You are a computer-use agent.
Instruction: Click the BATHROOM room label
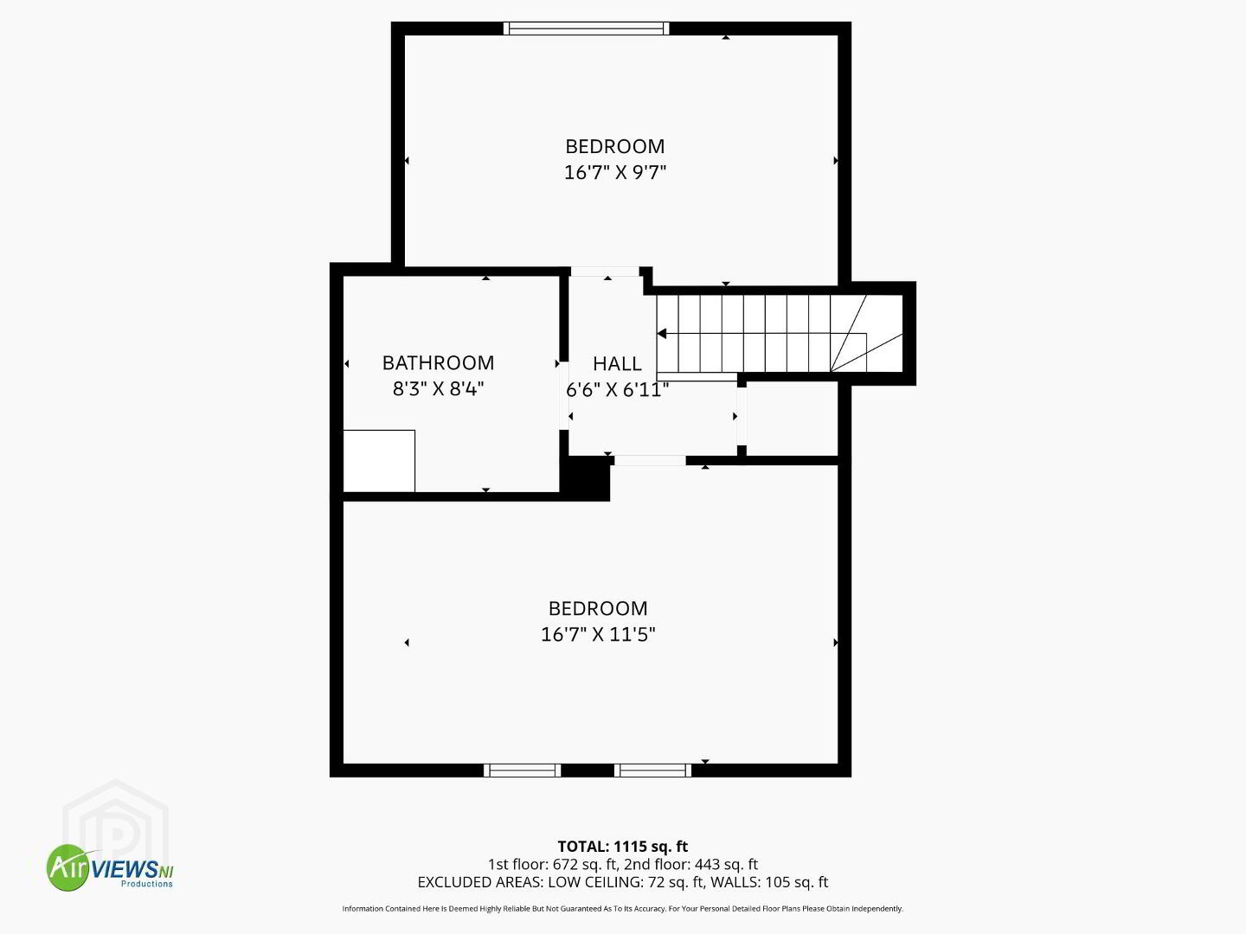(x=438, y=363)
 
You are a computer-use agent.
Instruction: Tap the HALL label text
(x=617, y=363)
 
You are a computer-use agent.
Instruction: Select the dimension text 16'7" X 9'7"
(x=614, y=172)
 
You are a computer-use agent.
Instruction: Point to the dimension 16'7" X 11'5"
(x=598, y=634)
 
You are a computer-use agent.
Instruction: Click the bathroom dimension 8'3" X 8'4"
(x=438, y=389)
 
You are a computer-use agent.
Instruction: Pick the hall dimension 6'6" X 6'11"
(x=617, y=389)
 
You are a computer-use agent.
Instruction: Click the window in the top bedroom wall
(x=587, y=29)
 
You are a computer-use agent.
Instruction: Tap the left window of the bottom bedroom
(x=523, y=770)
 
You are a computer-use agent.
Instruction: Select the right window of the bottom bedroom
(x=652, y=770)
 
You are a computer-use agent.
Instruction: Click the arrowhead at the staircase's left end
(x=661, y=334)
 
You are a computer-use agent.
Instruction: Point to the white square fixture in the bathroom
(x=379, y=461)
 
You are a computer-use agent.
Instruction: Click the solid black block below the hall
(x=585, y=477)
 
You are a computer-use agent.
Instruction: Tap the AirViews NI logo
(x=110, y=867)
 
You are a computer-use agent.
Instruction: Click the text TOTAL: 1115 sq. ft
(x=623, y=847)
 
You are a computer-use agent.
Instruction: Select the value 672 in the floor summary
(x=565, y=864)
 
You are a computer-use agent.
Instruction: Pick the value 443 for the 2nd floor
(x=707, y=864)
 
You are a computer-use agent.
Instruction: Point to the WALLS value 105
(x=777, y=882)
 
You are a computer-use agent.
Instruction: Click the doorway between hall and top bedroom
(x=605, y=272)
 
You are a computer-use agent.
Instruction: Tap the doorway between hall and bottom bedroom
(x=651, y=460)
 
